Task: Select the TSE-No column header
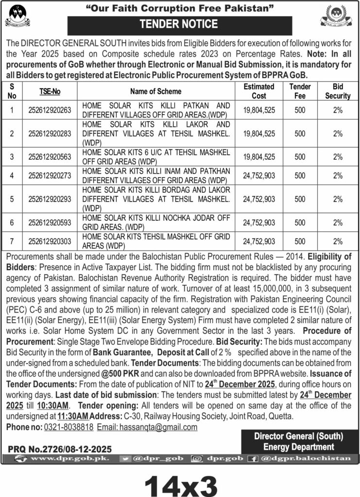(x=50, y=91)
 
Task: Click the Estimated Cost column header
(x=259, y=91)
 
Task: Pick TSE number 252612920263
(x=50, y=110)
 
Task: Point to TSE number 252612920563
(x=50, y=156)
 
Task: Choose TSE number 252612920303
(x=50, y=241)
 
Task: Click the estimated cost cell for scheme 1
(x=259, y=110)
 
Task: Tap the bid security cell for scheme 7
(x=338, y=241)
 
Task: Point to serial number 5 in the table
(x=12, y=199)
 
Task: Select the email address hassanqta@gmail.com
(x=147, y=428)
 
